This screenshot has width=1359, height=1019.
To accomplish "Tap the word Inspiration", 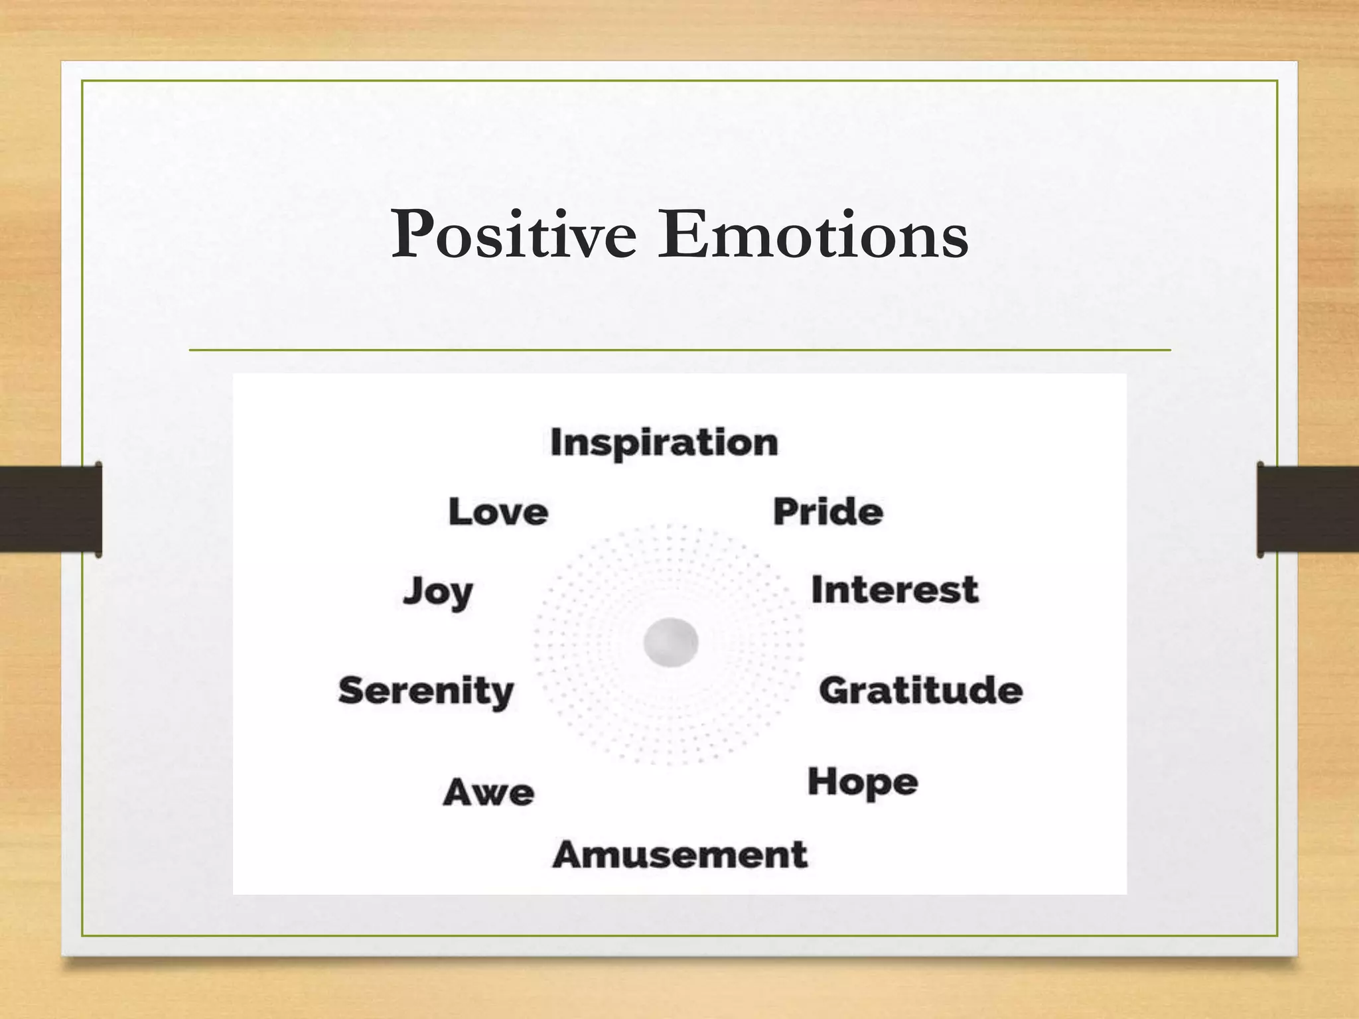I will pos(664,442).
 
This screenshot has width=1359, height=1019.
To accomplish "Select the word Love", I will pos(498,512).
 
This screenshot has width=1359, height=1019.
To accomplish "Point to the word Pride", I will pos(828,512).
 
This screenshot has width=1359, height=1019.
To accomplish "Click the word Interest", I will pos(894,590).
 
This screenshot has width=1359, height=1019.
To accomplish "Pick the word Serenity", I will pos(426,692).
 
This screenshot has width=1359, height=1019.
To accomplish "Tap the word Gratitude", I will pos(920,691).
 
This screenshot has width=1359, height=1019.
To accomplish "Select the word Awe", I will pos(488,792).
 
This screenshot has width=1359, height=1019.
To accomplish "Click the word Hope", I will pos(863,783).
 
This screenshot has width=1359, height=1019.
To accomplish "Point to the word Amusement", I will pos(680,854).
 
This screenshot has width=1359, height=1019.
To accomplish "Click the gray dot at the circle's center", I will pos(671,642).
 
